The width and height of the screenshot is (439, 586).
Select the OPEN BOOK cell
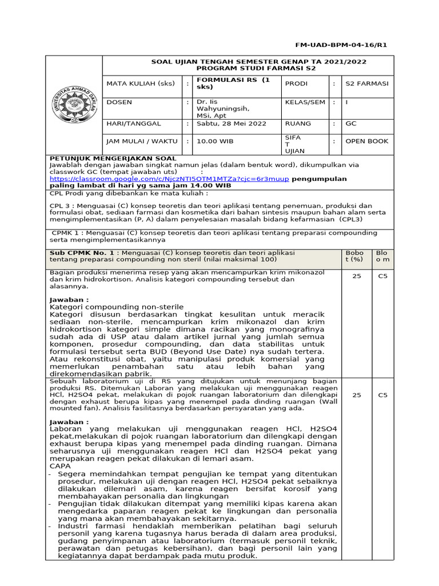[x=366, y=141]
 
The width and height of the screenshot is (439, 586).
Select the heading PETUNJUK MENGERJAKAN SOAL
[x=113, y=158]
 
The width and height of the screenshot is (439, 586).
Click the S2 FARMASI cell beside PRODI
[x=366, y=84]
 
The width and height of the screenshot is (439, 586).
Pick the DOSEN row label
[x=119, y=102]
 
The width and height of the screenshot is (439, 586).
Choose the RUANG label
[x=297, y=123]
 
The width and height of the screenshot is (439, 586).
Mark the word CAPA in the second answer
[x=60, y=466]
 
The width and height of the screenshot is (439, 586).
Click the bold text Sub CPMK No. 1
[x=85, y=252]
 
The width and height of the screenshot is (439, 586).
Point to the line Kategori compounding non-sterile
[x=117, y=307]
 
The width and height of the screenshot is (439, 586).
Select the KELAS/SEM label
[x=304, y=102]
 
